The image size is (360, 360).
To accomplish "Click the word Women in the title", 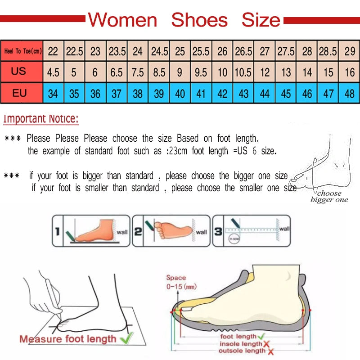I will click(x=122, y=20).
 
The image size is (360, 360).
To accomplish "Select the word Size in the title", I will click(x=261, y=20).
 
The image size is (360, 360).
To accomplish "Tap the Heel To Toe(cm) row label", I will click(x=22, y=52).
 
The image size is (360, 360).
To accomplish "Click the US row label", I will click(x=19, y=72).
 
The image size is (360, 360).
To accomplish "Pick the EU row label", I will click(x=19, y=94).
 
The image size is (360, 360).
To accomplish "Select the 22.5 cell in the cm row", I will click(x=75, y=52).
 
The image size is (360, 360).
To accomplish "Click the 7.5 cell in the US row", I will click(x=138, y=72).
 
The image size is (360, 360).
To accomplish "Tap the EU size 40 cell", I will click(x=180, y=94).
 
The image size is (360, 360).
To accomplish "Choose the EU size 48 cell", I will click(x=350, y=94).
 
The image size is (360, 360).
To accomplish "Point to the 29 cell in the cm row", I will click(x=350, y=52).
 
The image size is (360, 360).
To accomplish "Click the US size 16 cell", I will click(x=350, y=72).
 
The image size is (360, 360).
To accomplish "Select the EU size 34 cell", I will click(x=53, y=94).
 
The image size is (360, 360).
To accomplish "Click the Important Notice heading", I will click(x=41, y=119).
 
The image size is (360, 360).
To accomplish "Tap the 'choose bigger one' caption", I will click(x=329, y=197).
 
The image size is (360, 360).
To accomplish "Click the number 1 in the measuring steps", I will click(x=57, y=231).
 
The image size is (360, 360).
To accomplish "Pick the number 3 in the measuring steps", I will click(x=217, y=231).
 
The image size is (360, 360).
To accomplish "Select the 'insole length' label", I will click(x=240, y=344).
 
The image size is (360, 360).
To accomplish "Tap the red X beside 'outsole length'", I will click(x=270, y=351).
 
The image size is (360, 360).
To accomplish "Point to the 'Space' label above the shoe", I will click(x=176, y=278).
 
